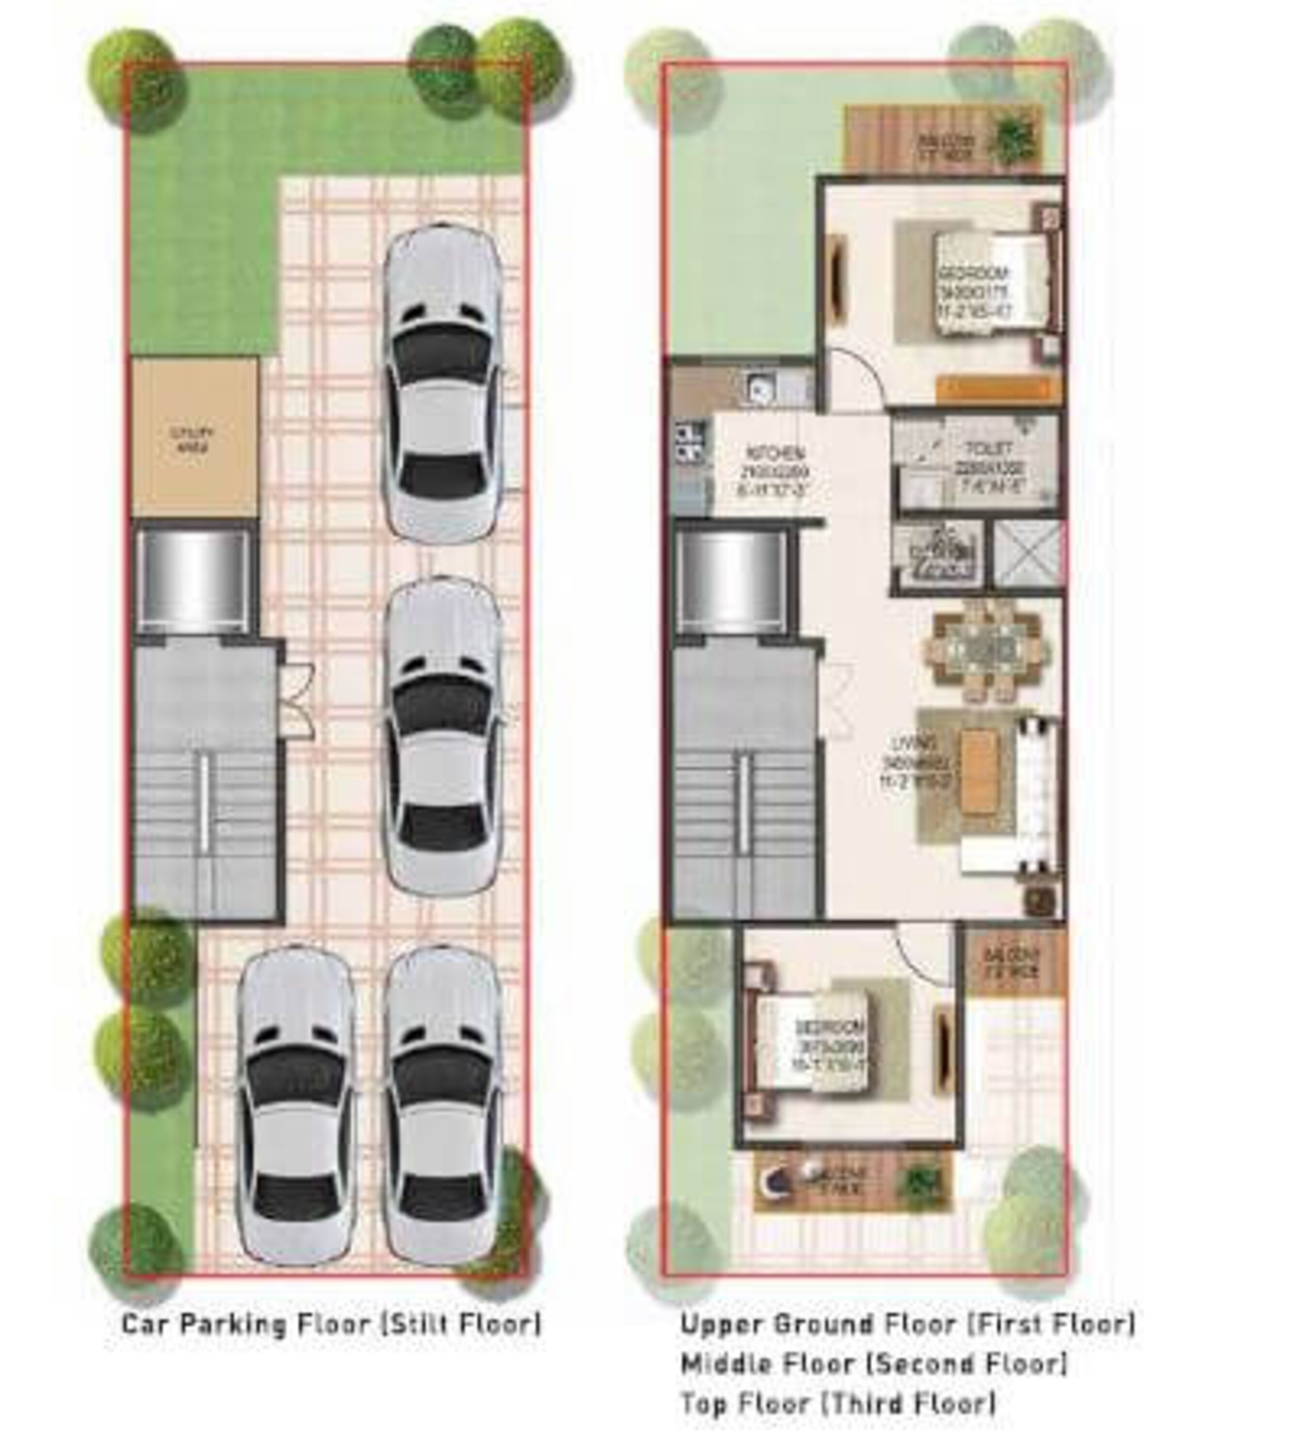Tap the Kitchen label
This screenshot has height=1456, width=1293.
click(x=775, y=470)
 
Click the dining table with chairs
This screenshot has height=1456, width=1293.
click(x=987, y=650)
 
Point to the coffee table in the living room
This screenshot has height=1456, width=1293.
click(x=979, y=772)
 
